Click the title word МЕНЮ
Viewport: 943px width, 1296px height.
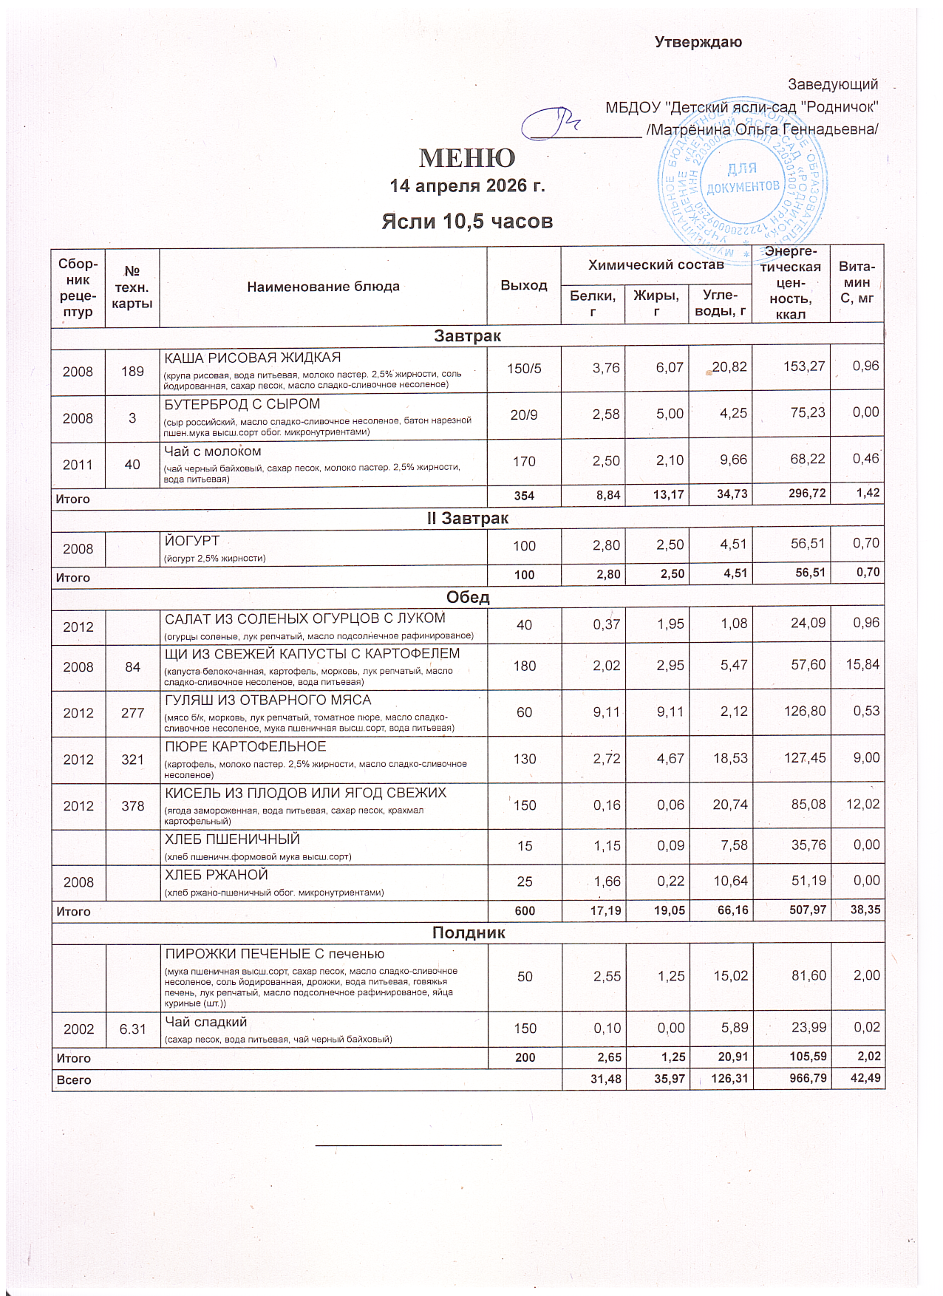point(467,157)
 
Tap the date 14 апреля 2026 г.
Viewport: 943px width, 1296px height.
point(467,185)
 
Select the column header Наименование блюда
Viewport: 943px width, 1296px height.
point(323,287)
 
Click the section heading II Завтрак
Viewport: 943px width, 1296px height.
point(467,519)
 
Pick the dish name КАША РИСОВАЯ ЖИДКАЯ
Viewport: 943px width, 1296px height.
point(252,358)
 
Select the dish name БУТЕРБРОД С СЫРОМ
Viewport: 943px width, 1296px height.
point(242,404)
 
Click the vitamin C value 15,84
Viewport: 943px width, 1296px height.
point(862,664)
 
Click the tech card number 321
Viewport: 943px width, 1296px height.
point(132,759)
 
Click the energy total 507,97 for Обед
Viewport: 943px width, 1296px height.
point(807,911)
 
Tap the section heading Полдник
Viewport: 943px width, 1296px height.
point(468,932)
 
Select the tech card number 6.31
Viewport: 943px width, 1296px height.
point(132,1029)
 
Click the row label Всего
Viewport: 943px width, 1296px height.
point(74,1080)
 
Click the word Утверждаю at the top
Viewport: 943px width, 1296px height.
point(698,42)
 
